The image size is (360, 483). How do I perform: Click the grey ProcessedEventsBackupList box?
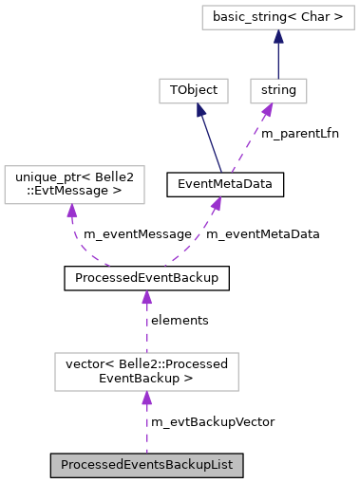(x=147, y=465)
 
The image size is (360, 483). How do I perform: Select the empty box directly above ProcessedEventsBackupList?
(x=146, y=371)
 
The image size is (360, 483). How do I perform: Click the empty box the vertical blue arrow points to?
(x=277, y=17)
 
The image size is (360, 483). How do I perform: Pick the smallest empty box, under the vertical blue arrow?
(x=278, y=91)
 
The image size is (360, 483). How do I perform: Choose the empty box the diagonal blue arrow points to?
(x=193, y=91)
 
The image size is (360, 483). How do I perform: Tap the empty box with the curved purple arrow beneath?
(x=74, y=184)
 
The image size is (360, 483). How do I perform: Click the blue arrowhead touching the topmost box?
(x=278, y=37)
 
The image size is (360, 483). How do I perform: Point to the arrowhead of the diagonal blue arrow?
(x=200, y=110)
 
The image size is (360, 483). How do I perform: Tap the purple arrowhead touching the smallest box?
(x=267, y=110)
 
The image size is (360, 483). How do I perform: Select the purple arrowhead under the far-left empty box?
(x=71, y=211)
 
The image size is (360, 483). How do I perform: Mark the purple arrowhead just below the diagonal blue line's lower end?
(x=217, y=203)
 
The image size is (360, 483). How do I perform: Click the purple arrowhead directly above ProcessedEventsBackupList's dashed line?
(x=146, y=399)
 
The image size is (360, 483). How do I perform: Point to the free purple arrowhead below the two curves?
(x=146, y=298)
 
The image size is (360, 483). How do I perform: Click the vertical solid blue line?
(x=278, y=59)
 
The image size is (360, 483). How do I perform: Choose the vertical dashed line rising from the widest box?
(x=146, y=327)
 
